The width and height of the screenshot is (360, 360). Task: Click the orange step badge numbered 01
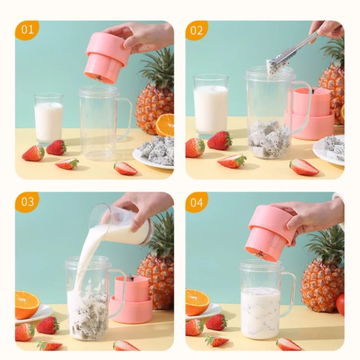tap(27, 30)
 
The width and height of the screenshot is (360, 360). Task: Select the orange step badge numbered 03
tap(27, 202)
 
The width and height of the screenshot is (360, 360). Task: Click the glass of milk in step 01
tap(48, 120)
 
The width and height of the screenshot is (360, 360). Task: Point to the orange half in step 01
tap(165, 125)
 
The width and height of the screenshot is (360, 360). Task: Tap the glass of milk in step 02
tap(210, 108)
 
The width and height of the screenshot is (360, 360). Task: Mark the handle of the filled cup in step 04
tap(289, 293)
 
